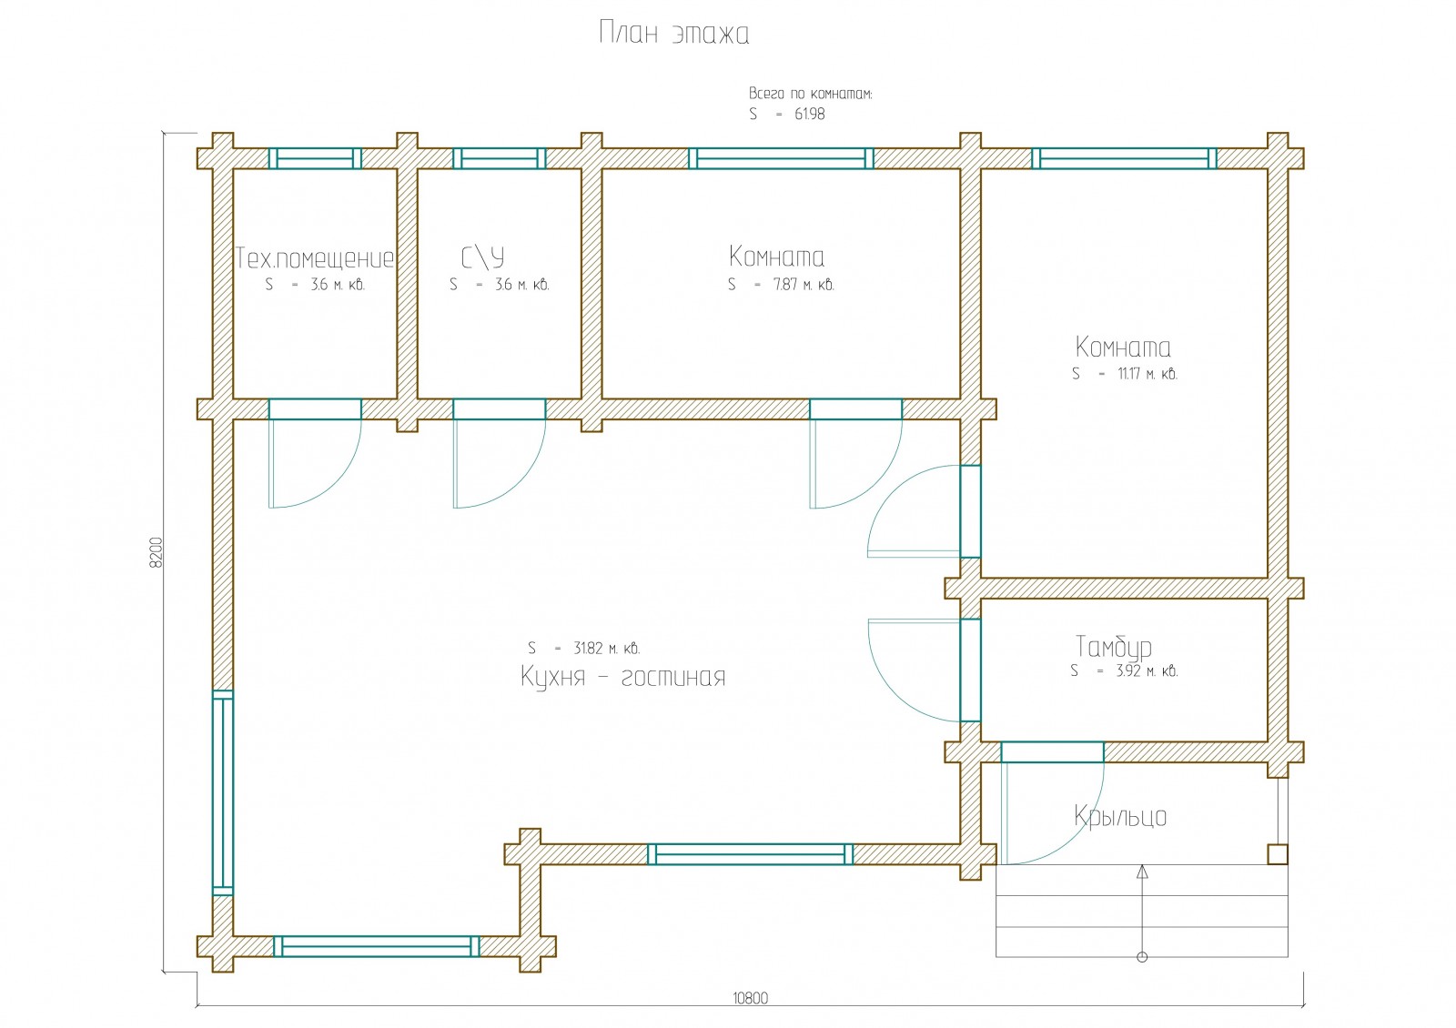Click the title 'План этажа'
[x=674, y=34]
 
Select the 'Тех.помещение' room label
[x=315, y=258]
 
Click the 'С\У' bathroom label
[x=482, y=258]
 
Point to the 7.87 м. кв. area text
[x=804, y=285]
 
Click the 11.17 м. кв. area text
[x=1147, y=374]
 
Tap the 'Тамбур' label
[x=1113, y=647]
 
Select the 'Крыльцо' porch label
[x=1120, y=816]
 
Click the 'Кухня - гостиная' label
[x=623, y=678]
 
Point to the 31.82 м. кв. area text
[x=606, y=649]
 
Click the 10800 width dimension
[x=750, y=998]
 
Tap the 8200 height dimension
[x=156, y=552]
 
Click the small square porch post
[x=1278, y=854]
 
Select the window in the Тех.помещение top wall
[x=315, y=158]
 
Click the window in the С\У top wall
[x=500, y=158]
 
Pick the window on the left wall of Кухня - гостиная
[x=223, y=792]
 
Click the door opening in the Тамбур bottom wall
[x=1052, y=752]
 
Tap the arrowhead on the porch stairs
[x=1142, y=872]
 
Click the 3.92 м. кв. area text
[x=1147, y=671]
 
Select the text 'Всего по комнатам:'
[x=810, y=94]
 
